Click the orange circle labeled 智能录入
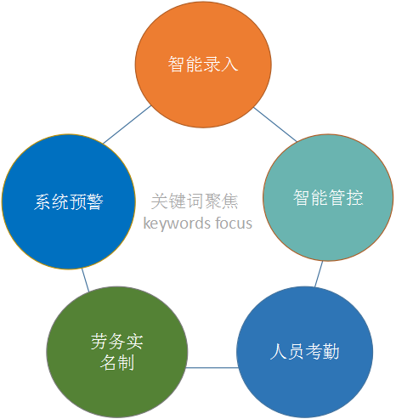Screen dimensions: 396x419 203,65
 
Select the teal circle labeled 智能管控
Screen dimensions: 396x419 328,197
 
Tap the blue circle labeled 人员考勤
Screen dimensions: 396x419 304,352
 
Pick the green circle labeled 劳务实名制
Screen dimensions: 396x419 117,352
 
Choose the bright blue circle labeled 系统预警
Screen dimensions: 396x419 69,201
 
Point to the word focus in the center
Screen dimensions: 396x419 234,223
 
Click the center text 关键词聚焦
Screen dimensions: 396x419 195,201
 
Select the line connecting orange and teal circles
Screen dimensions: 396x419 275,124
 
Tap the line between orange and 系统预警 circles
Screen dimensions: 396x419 127,125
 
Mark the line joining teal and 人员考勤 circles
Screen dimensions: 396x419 319,274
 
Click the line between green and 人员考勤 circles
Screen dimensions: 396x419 212,368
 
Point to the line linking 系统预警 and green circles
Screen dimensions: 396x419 85,280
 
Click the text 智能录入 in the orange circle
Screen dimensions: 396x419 203,64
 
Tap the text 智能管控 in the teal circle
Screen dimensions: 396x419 328,197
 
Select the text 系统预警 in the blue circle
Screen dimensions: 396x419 69,201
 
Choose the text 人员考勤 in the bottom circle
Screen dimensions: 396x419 304,352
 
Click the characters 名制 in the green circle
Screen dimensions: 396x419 117,363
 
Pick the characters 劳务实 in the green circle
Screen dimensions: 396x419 117,342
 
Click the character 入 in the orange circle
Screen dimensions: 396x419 229,64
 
